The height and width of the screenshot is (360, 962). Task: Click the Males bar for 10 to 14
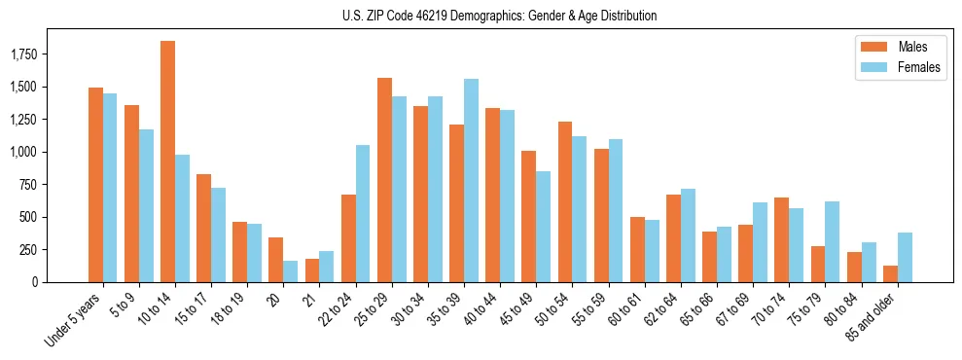coord(167,162)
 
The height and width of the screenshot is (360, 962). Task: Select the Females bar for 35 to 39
coord(471,181)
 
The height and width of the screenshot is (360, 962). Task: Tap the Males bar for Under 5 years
coord(95,185)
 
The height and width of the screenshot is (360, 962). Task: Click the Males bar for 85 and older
coord(890,273)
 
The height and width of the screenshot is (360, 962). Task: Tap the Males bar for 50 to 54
coord(565,201)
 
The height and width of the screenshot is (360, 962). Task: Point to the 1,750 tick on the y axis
coord(38,54)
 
